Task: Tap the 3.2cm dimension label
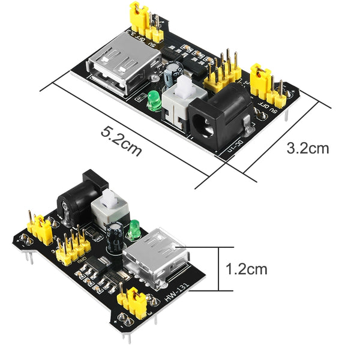tap(307, 148)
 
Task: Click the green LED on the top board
tap(154, 101)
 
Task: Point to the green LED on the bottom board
tap(136, 228)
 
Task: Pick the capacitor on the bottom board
tap(116, 236)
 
